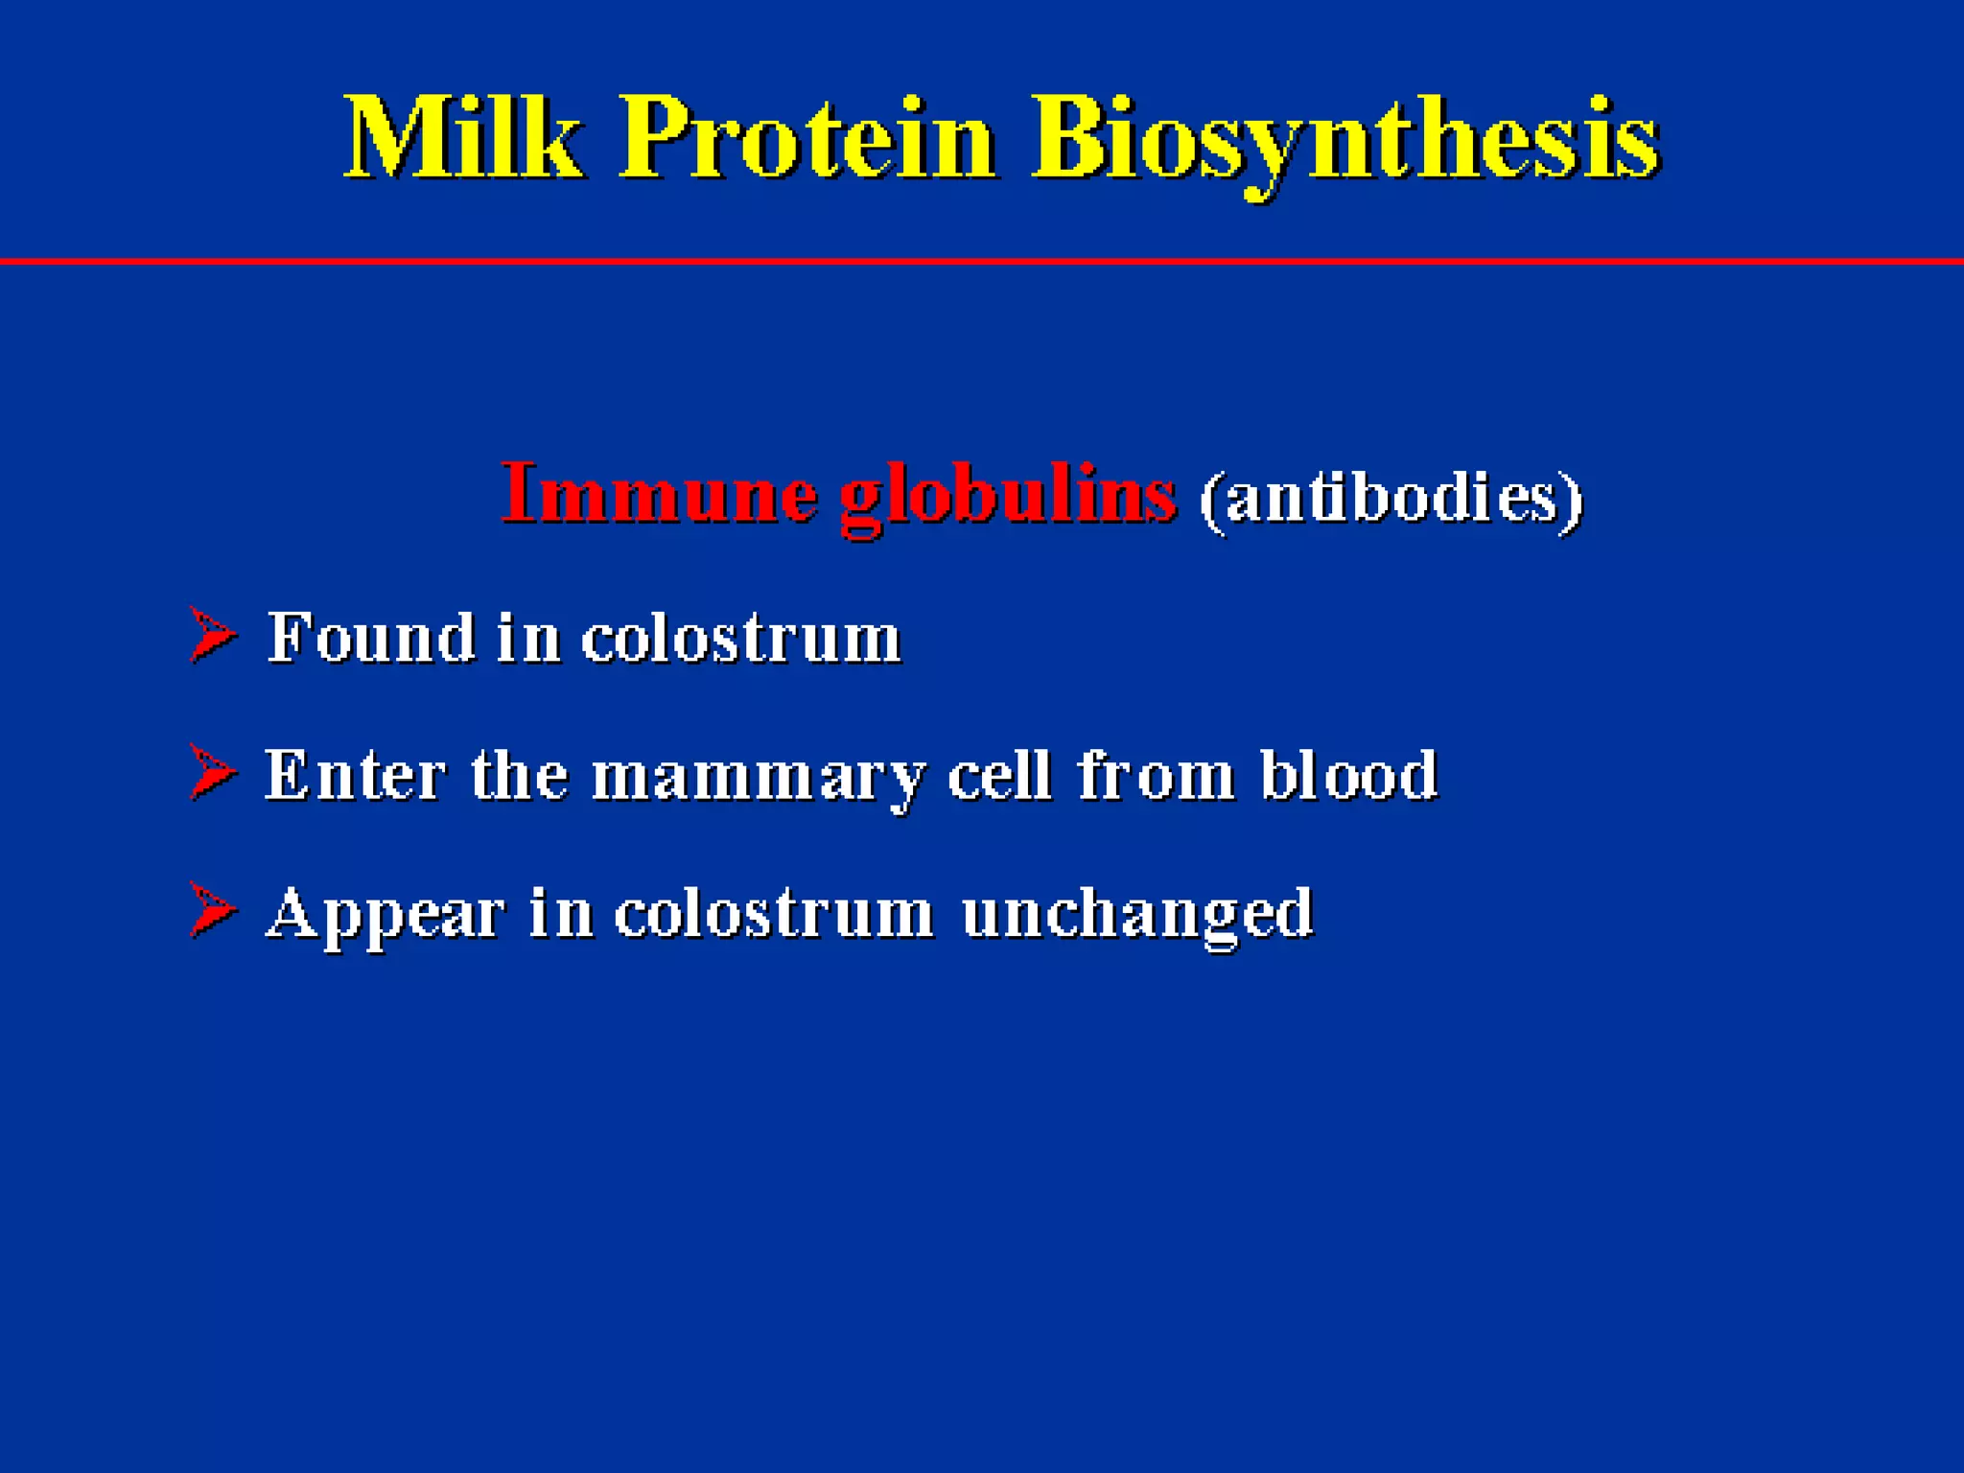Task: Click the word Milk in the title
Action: click(463, 139)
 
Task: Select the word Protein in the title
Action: click(808, 139)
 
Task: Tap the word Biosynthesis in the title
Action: click(1345, 142)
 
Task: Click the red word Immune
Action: click(659, 495)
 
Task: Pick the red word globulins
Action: click(1007, 497)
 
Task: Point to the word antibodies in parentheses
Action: click(1391, 499)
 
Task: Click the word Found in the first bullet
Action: click(371, 637)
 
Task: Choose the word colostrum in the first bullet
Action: click(740, 639)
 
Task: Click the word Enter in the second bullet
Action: click(355, 775)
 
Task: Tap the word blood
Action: click(1347, 775)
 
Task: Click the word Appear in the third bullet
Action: click(385, 915)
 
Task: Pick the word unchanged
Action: click(1136, 915)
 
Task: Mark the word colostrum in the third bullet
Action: click(773, 913)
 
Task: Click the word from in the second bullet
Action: click(1156, 775)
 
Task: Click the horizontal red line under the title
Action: click(982, 261)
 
